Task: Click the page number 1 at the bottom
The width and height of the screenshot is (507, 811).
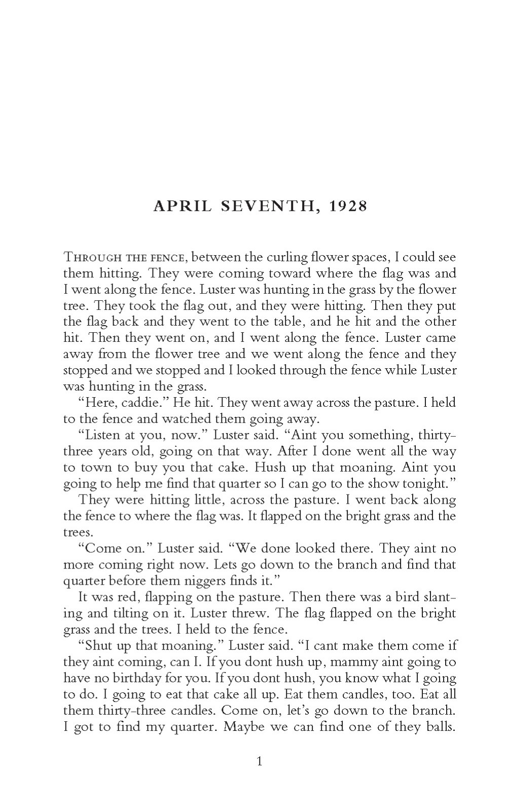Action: (260, 761)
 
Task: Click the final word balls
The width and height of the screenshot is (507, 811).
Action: (439, 727)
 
